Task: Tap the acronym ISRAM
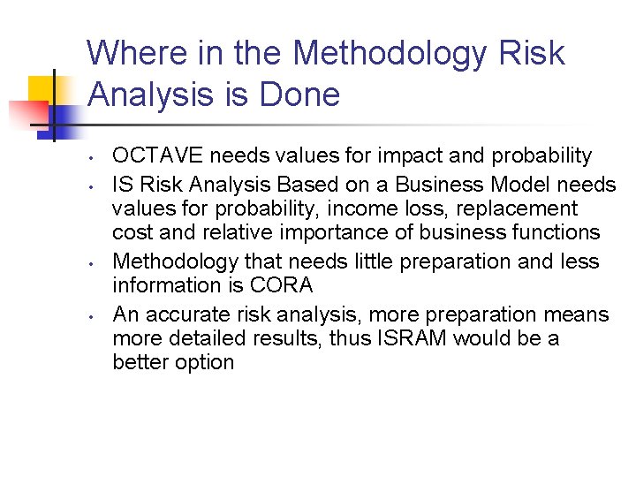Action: point(419,338)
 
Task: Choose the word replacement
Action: point(523,209)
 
